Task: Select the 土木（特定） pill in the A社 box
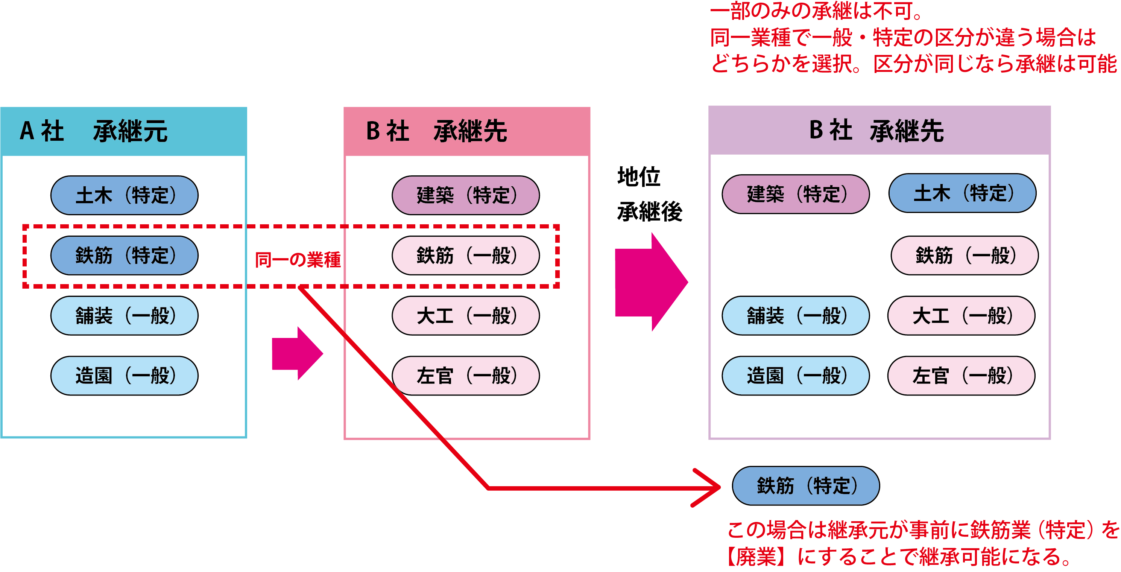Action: coord(125,195)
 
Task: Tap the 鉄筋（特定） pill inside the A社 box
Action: coord(125,256)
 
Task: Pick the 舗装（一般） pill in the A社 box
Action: coord(125,316)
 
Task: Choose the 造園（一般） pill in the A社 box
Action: coord(125,376)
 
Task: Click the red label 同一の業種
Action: coord(298,260)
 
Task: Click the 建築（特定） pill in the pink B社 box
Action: coord(466,195)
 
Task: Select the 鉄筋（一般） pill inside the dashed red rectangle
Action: coord(466,256)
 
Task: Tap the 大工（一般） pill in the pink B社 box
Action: coord(466,316)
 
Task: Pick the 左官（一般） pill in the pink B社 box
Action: coord(466,376)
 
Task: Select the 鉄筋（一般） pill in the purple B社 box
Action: coord(965,256)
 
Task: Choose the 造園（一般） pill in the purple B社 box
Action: coord(796,376)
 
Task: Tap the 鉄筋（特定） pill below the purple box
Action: coord(805,486)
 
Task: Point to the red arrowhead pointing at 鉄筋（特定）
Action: coord(709,488)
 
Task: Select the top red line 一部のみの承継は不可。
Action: coord(816,11)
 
